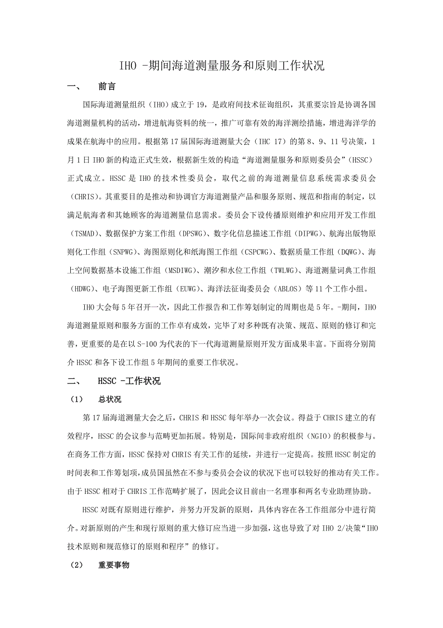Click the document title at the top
[x=221, y=66]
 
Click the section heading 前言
[x=106, y=87]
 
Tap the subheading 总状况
[x=110, y=399]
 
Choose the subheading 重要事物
[x=114, y=565]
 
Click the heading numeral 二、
[x=74, y=381]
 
